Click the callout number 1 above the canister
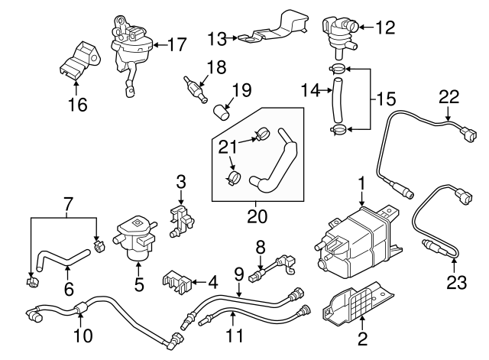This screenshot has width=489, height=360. [361, 183]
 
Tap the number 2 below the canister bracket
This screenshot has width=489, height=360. [361, 337]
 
